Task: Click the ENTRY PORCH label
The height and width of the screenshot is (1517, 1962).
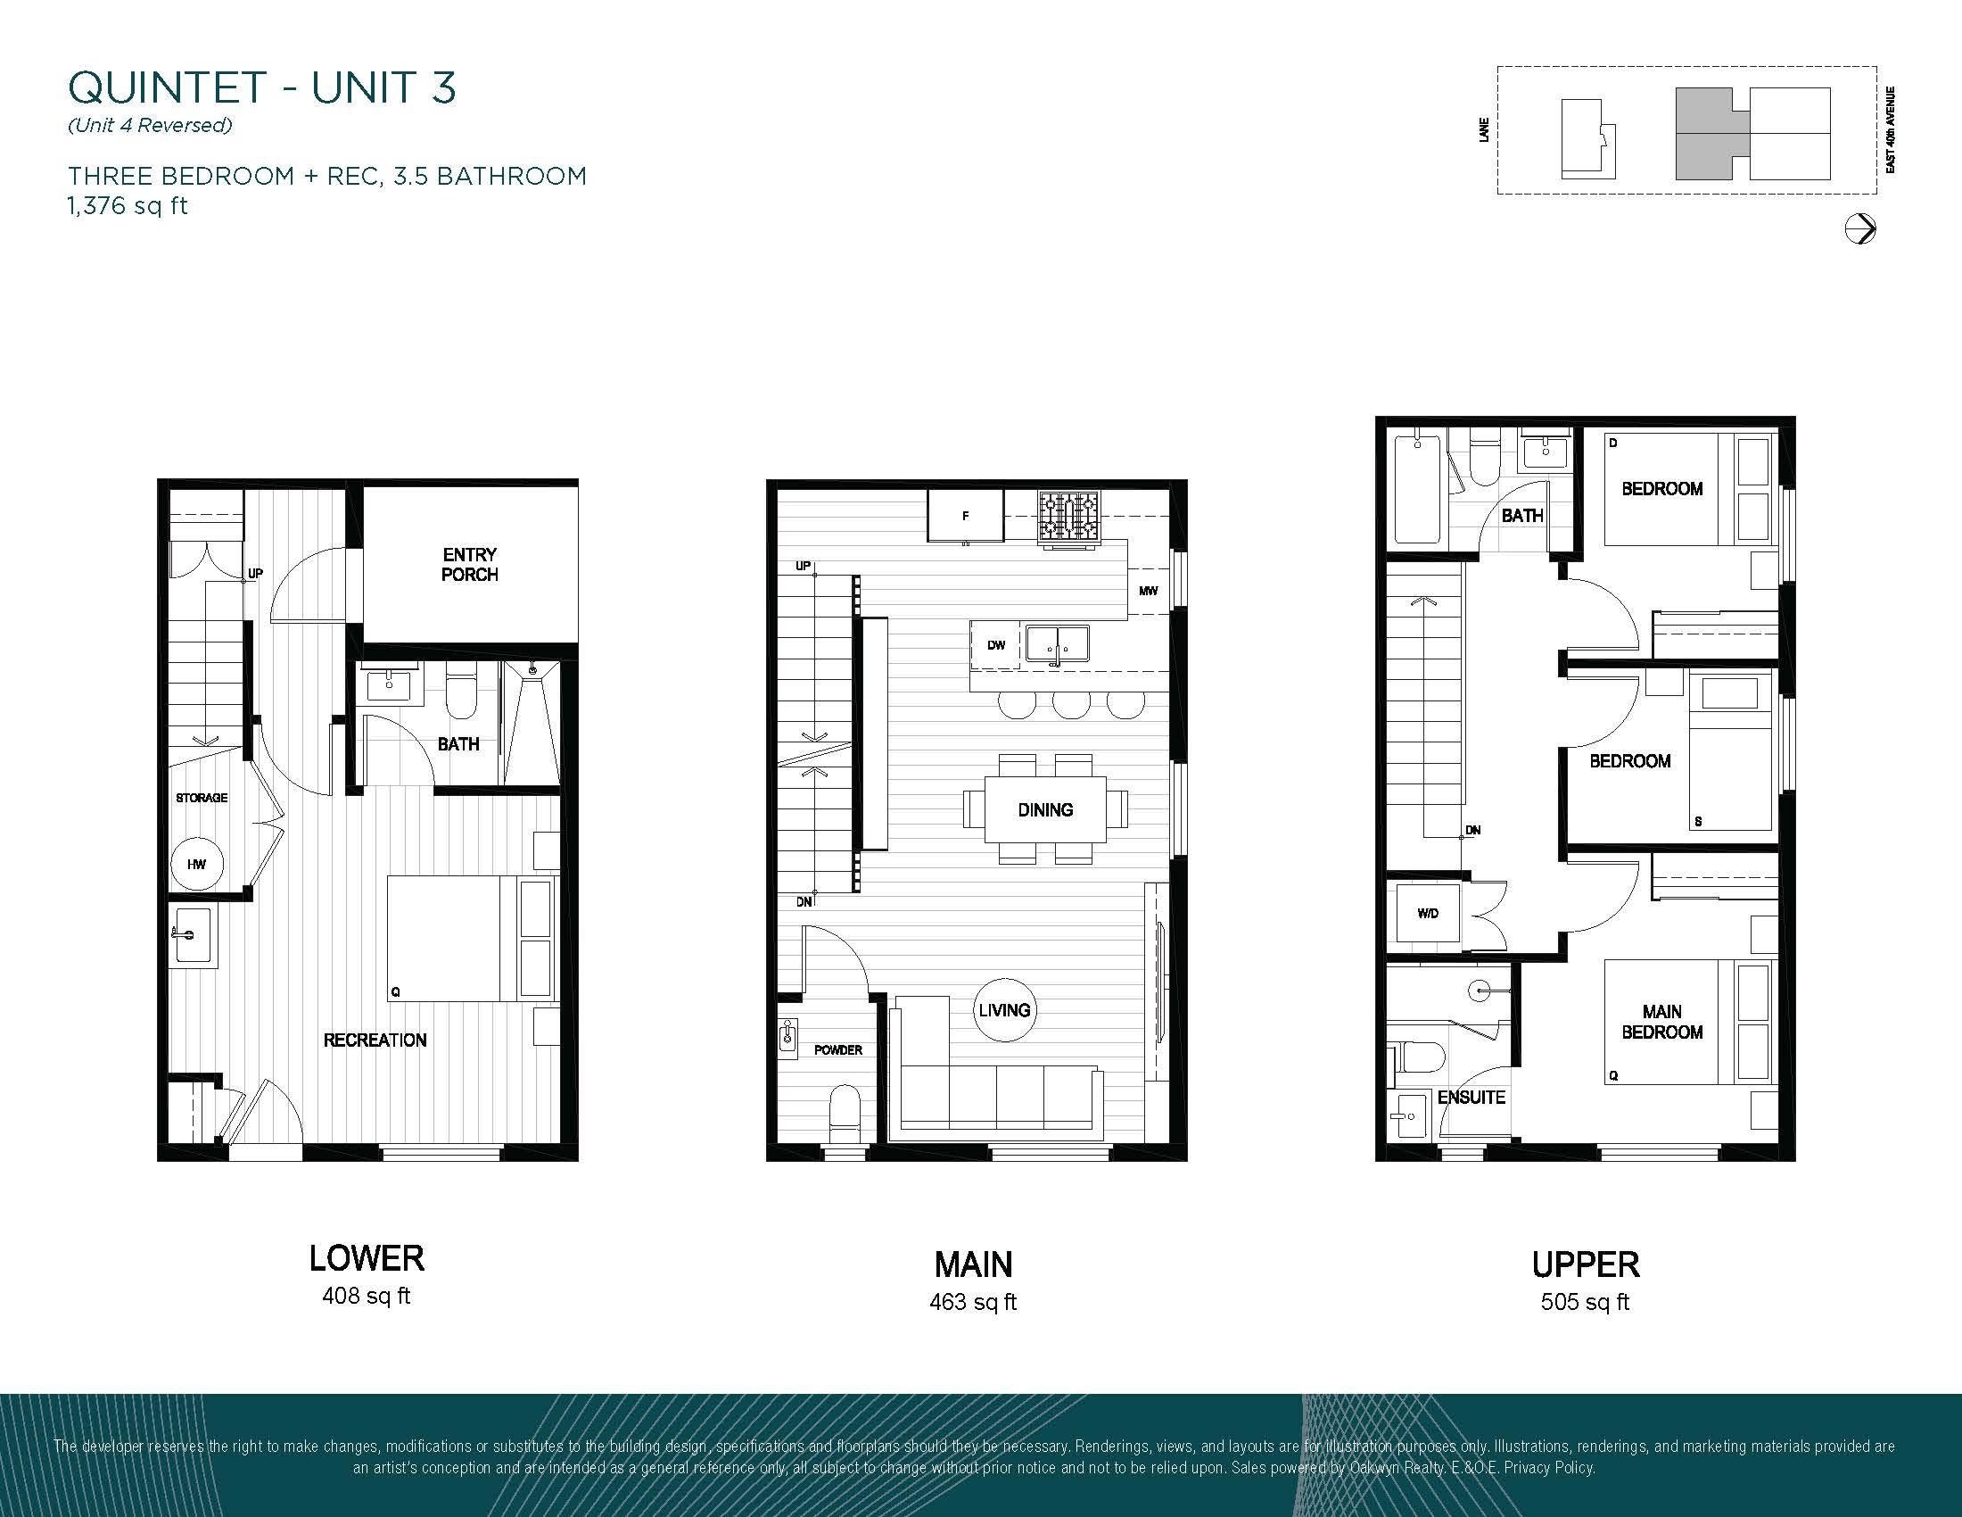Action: (469, 564)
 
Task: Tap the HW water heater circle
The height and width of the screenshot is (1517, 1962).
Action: (197, 864)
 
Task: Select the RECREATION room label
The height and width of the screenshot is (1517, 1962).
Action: (375, 1040)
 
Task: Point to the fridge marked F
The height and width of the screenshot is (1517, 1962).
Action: (966, 516)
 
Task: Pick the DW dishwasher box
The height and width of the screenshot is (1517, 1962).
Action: (995, 644)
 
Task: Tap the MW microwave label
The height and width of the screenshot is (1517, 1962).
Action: (1148, 591)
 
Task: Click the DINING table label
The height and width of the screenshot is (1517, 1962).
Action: (1045, 809)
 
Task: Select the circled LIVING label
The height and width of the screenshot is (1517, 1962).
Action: (1004, 1010)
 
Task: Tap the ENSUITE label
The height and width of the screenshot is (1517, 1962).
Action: (1471, 1098)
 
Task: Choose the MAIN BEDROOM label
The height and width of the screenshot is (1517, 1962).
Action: (1662, 1022)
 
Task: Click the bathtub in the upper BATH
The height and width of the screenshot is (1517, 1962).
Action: (1418, 490)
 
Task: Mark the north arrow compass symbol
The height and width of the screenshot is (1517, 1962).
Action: (1859, 229)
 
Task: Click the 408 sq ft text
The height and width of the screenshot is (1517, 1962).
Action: (366, 1296)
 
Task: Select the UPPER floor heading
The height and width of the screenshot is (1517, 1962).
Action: (1586, 1265)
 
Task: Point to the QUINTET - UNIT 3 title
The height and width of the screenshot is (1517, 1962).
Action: (262, 87)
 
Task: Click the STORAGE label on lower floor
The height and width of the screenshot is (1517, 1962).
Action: (202, 798)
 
